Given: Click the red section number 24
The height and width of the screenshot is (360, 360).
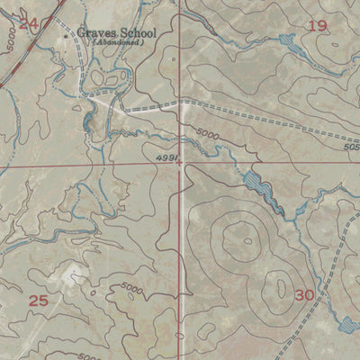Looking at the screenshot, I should coord(29,23).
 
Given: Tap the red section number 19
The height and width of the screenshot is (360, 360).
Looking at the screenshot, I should coord(317,25).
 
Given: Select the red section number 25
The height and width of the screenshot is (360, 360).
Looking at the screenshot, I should coord(38,301).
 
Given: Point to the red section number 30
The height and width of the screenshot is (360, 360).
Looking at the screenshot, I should coord(305,295).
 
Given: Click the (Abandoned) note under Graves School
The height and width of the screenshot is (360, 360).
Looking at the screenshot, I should coord(117,43).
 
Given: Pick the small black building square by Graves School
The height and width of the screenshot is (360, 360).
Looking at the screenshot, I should coord(70,35).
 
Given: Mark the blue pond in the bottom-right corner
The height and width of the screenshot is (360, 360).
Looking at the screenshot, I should coord(349,323).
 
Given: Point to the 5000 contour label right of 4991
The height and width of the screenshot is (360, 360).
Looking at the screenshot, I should coord(207,134).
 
